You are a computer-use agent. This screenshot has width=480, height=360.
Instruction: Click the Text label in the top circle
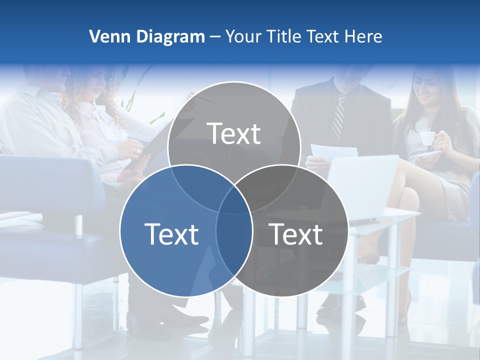[x=234, y=133]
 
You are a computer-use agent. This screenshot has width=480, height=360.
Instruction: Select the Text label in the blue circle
[x=171, y=234]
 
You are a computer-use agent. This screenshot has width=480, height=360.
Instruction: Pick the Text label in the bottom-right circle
[x=296, y=234]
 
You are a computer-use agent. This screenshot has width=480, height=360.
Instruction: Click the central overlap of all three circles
[x=234, y=200]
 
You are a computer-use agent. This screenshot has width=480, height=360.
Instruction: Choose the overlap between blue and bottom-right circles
[x=234, y=240]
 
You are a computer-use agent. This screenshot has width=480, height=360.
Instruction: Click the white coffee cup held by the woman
[x=426, y=138]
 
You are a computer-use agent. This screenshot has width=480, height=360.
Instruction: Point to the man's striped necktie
[x=339, y=117]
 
